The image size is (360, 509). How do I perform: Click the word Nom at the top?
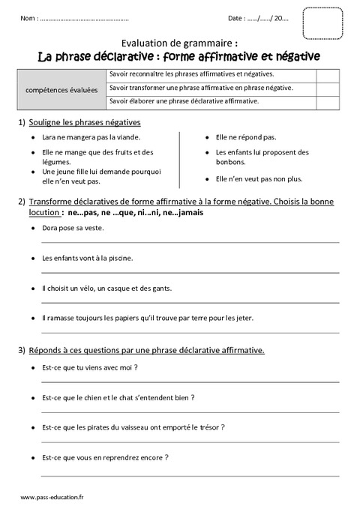point(29,17)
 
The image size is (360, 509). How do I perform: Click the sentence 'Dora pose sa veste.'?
point(73,227)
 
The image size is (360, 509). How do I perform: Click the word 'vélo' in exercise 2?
point(91,288)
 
